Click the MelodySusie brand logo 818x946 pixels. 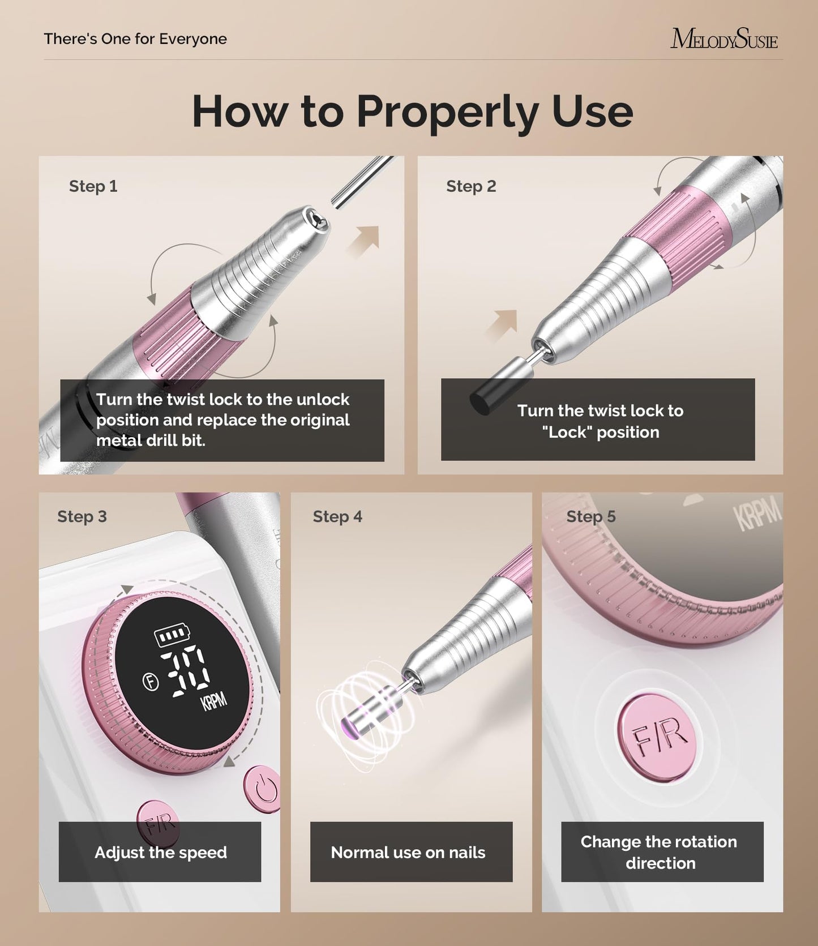(723, 39)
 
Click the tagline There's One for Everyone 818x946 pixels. (135, 39)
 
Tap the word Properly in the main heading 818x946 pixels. (447, 112)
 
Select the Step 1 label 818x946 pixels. (93, 186)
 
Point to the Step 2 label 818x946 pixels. (470, 186)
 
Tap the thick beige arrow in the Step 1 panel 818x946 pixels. (364, 241)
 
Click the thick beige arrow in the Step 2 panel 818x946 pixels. (503, 326)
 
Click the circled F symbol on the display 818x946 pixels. (151, 682)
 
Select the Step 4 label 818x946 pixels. (337, 516)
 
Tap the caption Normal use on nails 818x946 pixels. (408, 852)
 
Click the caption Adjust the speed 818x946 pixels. (161, 852)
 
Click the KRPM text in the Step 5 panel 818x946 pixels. (757, 516)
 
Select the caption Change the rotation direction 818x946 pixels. (660, 852)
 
